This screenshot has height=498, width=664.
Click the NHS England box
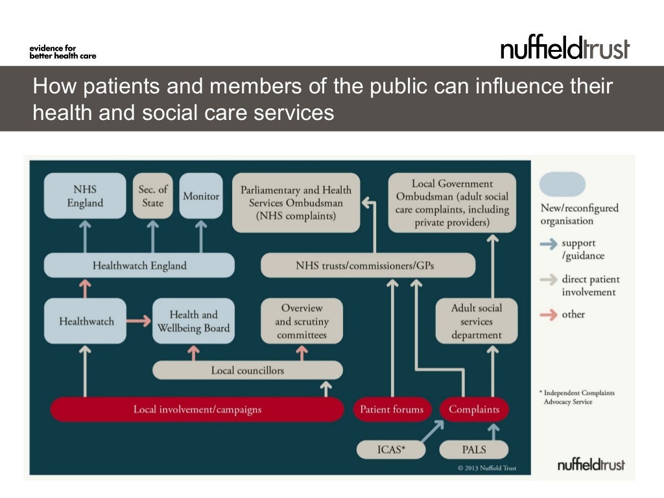[85, 195]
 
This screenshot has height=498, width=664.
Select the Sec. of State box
[153, 195]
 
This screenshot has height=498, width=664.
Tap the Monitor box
[201, 195]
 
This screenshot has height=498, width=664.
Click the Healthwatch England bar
[139, 265]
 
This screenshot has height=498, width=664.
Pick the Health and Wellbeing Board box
[193, 321]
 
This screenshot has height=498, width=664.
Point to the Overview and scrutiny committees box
[302, 321]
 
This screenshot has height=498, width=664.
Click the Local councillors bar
[247, 370]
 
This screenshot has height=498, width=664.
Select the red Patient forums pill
[392, 409]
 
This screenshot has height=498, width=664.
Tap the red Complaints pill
[474, 409]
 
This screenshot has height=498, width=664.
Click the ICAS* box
[391, 449]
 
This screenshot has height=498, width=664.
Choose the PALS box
[474, 449]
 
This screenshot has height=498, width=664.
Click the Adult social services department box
[477, 321]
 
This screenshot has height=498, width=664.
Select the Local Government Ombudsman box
[452, 202]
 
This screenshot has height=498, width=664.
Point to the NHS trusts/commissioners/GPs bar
[368, 265]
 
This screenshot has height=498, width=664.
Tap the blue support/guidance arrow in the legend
[549, 244]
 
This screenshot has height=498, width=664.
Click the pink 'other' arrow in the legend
[549, 314]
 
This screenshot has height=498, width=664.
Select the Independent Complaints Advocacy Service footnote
[576, 397]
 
